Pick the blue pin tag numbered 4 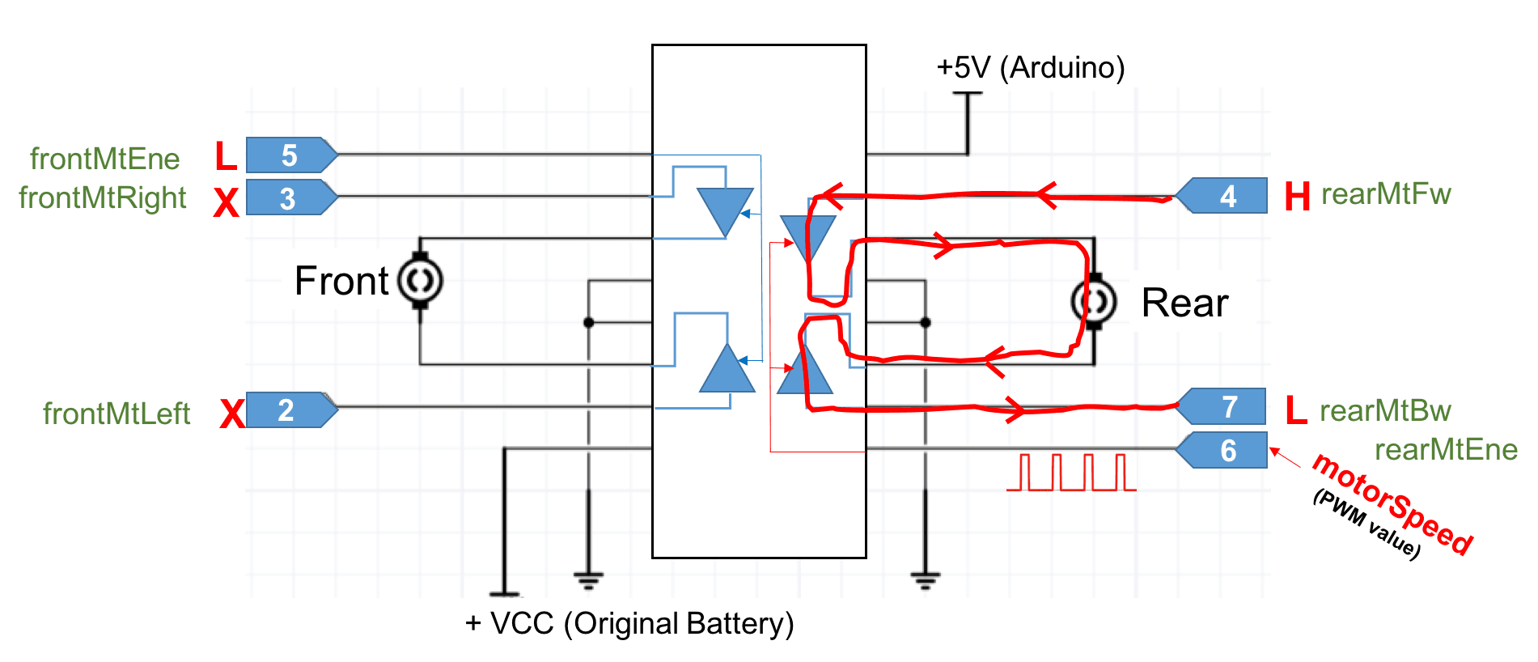(x=1223, y=196)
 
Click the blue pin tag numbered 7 (x=1223, y=406)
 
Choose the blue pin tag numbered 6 (x=1223, y=450)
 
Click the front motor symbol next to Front (x=420, y=281)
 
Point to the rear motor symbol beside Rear (x=1094, y=302)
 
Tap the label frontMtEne (x=104, y=159)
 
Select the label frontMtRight (x=102, y=197)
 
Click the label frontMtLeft (x=116, y=414)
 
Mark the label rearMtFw (x=1385, y=194)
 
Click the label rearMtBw (x=1385, y=411)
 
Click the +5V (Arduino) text (x=1030, y=67)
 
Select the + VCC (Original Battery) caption (x=629, y=623)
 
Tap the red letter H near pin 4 (x=1297, y=197)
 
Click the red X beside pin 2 (x=232, y=414)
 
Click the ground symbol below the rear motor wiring (x=925, y=579)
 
